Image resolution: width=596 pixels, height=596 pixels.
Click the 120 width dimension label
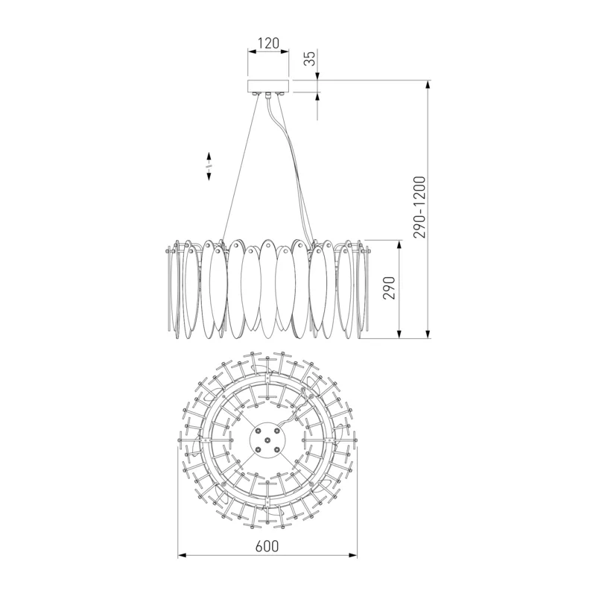point(268,43)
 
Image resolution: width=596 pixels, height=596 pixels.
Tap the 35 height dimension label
point(311,58)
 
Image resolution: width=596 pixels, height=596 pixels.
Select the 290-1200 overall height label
point(419,207)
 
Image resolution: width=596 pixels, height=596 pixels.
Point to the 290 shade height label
point(389,288)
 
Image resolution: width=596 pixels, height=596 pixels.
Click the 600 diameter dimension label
point(267,546)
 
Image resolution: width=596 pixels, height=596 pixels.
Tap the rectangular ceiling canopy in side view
point(268,86)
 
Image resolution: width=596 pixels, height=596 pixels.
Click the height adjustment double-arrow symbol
point(209,166)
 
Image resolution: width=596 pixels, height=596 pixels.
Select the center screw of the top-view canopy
point(267,440)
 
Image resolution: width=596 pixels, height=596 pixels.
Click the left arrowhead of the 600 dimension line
point(182,556)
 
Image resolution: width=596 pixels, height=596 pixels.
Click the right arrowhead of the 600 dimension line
point(353,556)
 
